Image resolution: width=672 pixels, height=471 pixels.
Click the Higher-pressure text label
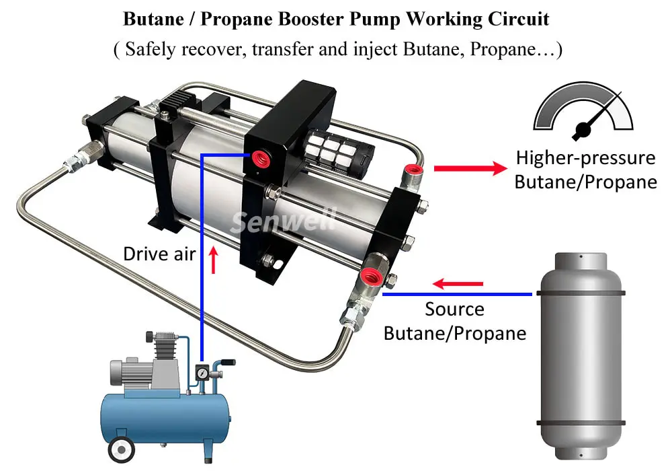pos(585,158)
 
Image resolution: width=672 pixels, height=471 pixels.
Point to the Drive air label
pos(159,254)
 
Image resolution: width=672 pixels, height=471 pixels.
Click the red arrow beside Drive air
pos(214,260)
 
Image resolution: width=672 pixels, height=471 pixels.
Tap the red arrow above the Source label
pos(458,284)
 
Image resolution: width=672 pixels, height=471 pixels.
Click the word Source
pos(454,310)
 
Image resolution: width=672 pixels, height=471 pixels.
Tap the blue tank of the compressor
pos(165,417)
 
